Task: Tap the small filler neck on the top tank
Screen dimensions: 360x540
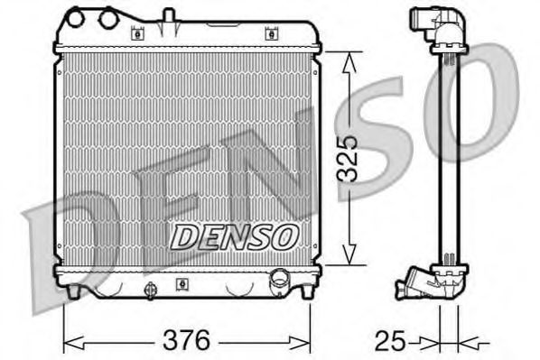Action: pyautogui.click(x=167, y=16)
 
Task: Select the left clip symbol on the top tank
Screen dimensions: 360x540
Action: pyautogui.click(x=138, y=34)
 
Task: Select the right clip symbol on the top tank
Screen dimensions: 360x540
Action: pyautogui.click(x=270, y=34)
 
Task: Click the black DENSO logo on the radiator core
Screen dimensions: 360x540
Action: pyautogui.click(x=234, y=236)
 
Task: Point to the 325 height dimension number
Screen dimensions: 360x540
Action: pyautogui.click(x=358, y=158)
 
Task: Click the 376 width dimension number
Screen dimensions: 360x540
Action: pyautogui.click(x=186, y=341)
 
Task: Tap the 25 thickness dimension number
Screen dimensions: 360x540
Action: pyautogui.click(x=389, y=341)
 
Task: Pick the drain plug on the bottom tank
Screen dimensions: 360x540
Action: pyautogui.click(x=149, y=290)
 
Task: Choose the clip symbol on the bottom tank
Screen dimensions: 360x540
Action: pyautogui.click(x=182, y=282)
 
